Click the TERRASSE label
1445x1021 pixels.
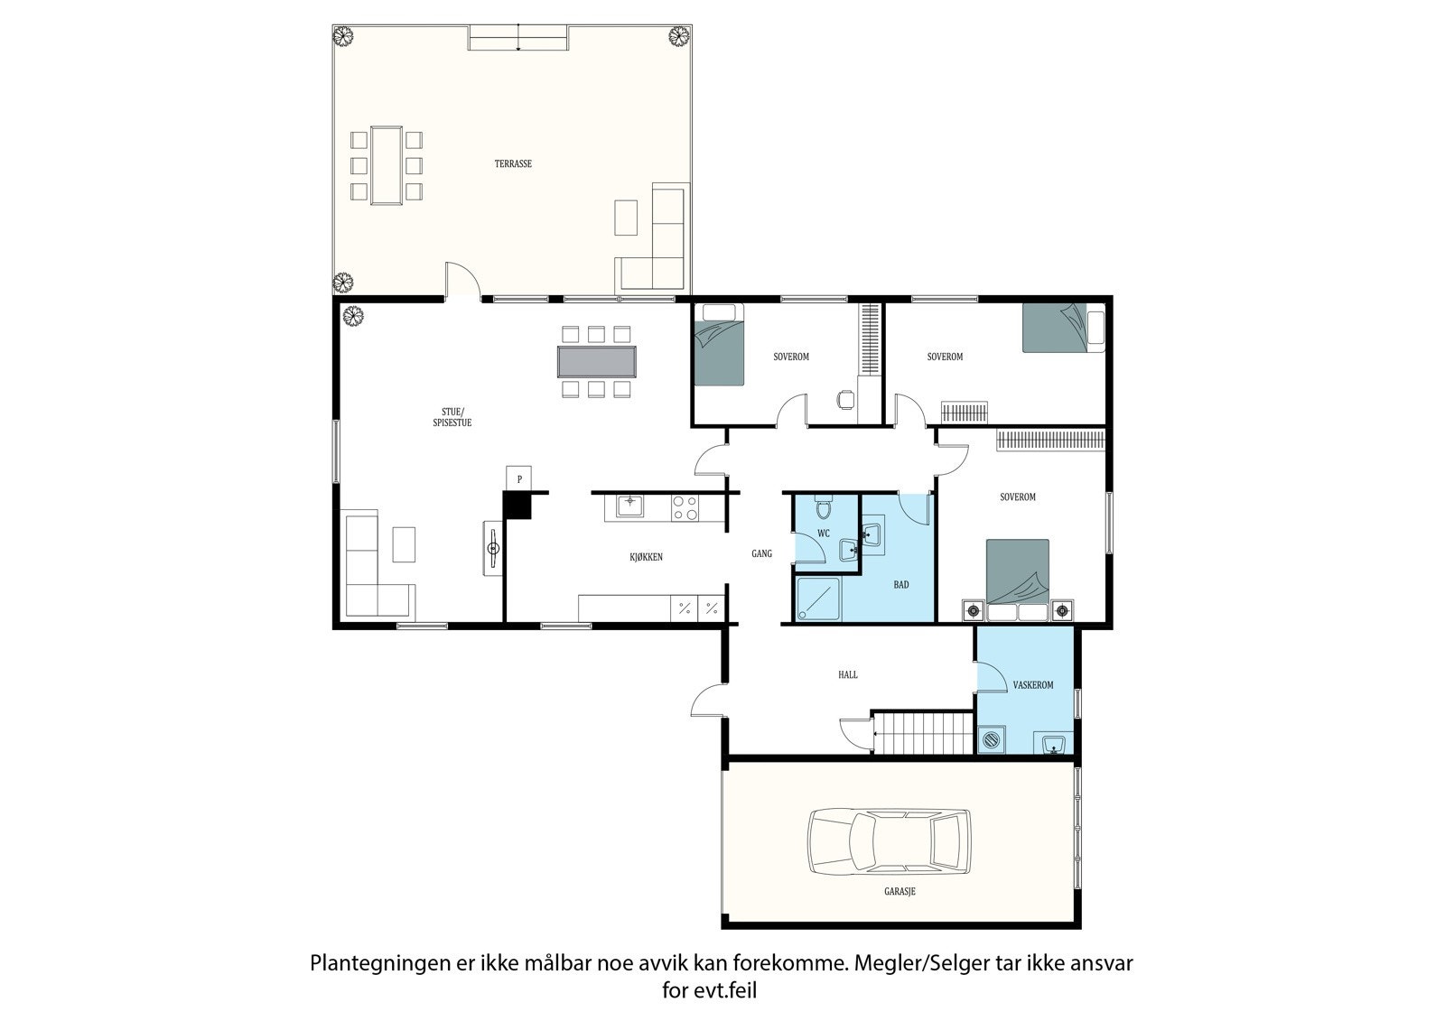tap(513, 163)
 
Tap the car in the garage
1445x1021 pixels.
tap(889, 841)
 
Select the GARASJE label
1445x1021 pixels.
tap(900, 891)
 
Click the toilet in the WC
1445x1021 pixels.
tap(823, 507)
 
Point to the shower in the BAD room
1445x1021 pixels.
tap(818, 599)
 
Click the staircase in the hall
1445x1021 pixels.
tap(923, 732)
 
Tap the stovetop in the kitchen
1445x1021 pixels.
tap(685, 507)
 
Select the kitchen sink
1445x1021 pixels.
tap(629, 506)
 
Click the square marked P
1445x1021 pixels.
tap(518, 478)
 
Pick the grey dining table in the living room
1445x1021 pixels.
tap(597, 362)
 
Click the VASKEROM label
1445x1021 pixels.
tap(1033, 685)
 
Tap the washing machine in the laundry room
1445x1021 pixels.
tap(992, 739)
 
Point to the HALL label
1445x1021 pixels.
tap(848, 674)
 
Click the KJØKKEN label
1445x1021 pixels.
tap(646, 557)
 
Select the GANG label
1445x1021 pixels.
tap(762, 553)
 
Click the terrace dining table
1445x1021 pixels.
tap(387, 165)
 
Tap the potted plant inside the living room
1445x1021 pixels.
tap(353, 315)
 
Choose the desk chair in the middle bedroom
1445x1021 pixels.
tap(845, 400)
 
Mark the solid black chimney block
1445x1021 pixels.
tap(517, 505)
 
